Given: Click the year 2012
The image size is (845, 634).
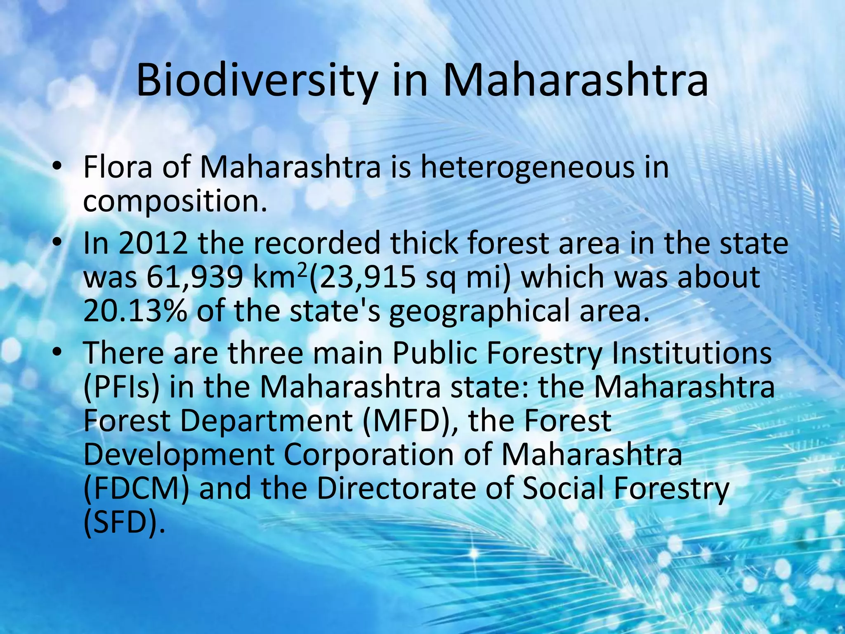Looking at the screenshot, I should coord(153,244).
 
